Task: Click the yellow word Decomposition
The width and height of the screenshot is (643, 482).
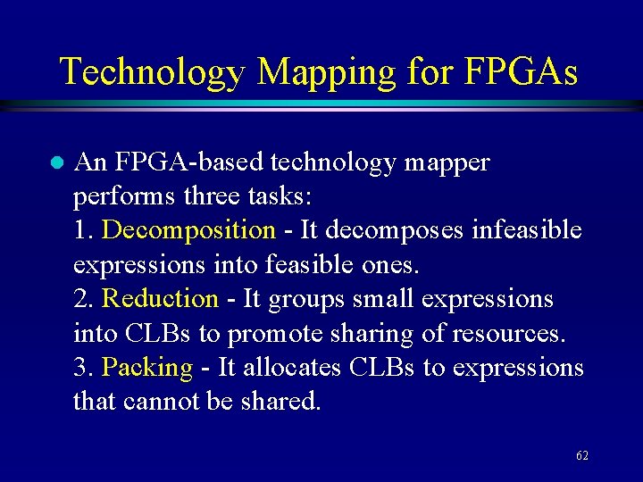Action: point(189,230)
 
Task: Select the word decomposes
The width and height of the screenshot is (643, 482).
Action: point(393,230)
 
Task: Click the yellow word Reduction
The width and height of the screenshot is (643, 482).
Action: point(161,299)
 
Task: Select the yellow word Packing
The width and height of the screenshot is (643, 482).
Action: point(147,368)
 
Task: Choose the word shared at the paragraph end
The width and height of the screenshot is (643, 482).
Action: point(281,402)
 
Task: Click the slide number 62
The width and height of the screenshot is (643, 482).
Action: point(582,456)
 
